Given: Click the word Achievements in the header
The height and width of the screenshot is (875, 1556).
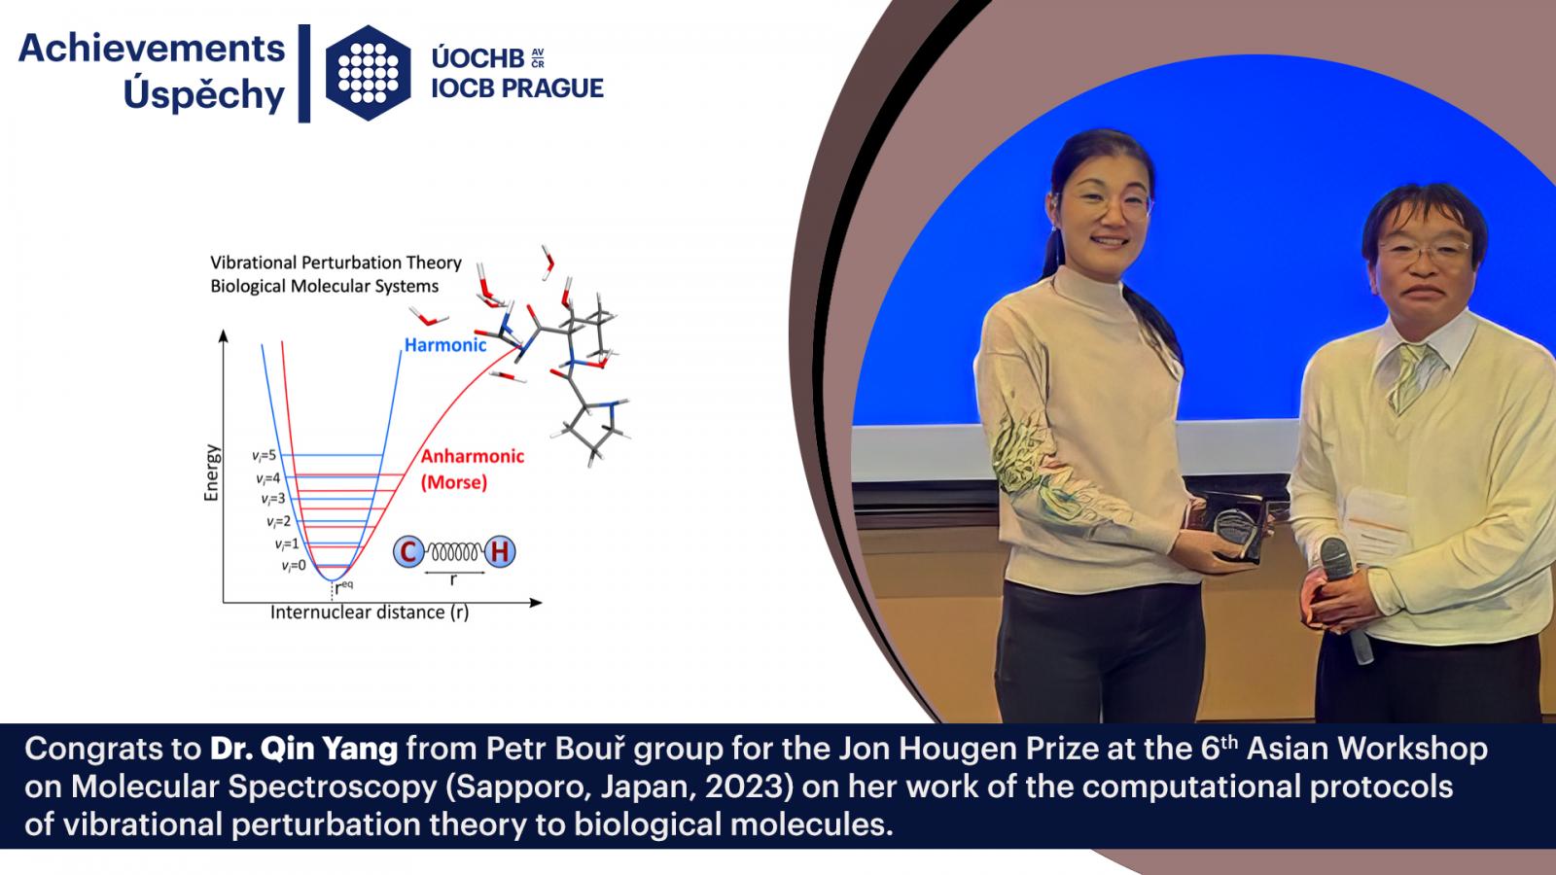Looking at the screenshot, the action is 152,49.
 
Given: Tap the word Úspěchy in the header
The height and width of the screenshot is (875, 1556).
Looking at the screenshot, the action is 204,95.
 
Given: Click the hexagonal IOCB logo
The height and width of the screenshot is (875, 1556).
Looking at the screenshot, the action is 369,73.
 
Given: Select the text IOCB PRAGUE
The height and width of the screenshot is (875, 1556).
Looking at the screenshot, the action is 517,88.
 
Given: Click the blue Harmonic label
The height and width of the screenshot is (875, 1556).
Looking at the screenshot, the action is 445,345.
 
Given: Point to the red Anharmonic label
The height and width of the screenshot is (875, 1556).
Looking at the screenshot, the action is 473,456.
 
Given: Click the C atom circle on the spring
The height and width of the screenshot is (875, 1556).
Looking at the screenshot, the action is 408,552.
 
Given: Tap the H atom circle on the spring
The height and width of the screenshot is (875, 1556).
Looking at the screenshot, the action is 500,552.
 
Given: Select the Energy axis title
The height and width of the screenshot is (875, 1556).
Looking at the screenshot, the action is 211,472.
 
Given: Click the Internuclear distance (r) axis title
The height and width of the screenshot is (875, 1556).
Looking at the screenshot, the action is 370,612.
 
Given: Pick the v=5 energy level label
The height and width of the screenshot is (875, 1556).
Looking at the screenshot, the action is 264,456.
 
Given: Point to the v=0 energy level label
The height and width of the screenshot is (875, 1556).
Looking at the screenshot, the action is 294,566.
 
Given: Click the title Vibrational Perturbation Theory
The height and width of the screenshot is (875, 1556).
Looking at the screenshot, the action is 336,262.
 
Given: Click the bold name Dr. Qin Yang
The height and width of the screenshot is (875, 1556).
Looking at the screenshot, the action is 304,749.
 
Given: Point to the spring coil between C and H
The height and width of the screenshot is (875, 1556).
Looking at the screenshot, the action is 454,553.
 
